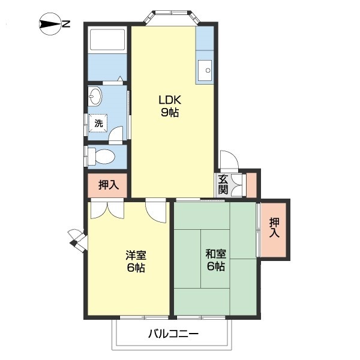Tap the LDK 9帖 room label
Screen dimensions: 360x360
[170, 106]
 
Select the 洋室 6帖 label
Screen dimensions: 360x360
[135, 261]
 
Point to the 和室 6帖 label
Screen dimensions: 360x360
[214, 260]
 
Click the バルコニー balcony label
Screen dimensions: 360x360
[173, 334]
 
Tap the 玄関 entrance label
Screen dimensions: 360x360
[223, 184]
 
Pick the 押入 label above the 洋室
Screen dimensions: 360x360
[108, 185]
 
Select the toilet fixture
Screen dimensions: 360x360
[101, 156]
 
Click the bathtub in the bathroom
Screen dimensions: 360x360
[107, 41]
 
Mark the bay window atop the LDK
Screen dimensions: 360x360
[173, 16]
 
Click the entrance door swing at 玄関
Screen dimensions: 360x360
[230, 160]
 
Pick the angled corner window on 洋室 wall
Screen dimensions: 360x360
[77, 239]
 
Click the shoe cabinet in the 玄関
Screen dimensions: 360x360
[251, 184]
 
